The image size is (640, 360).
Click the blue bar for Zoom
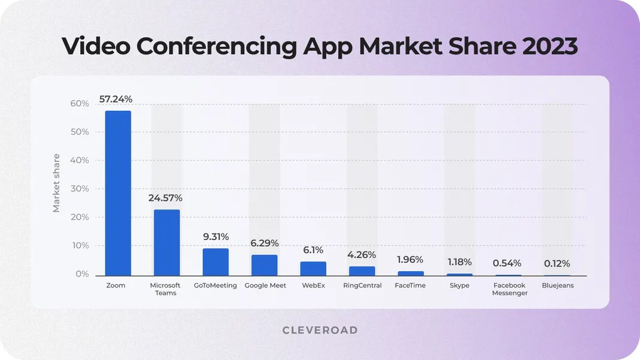point(118,193)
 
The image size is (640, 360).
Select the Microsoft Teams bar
point(167,242)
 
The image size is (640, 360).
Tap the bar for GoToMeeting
point(215,262)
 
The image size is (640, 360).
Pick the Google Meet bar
point(265,265)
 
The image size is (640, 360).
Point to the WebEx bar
point(313,268)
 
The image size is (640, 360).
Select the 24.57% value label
point(166,197)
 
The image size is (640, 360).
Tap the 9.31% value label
point(216,236)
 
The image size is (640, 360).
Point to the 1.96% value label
point(410,260)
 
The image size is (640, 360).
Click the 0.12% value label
point(557,263)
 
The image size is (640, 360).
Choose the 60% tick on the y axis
point(79,104)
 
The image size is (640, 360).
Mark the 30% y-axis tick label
point(79,189)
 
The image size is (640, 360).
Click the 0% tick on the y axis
point(82,274)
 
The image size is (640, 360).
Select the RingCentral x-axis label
point(362,286)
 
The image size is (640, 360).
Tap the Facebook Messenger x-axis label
point(510,289)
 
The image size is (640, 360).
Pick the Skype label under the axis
point(459,286)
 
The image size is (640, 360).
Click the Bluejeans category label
point(558,286)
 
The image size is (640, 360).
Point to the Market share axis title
point(56,183)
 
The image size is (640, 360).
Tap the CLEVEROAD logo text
point(320,330)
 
